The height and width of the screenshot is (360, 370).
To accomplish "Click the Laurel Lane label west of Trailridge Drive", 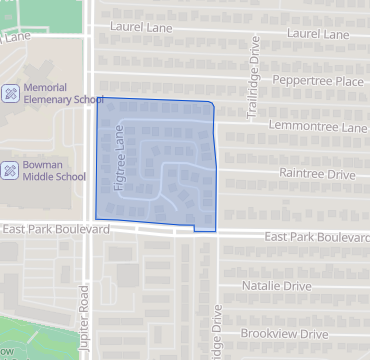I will [x=143, y=28].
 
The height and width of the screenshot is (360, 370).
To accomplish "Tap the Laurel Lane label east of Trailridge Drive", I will [x=319, y=34].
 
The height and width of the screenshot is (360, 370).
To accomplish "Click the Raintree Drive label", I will [x=318, y=174].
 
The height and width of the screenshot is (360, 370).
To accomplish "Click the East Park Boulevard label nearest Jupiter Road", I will [x=56, y=229].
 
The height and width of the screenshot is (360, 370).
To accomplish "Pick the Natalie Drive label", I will [x=278, y=286].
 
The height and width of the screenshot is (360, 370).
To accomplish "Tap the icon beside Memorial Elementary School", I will [x=10, y=94].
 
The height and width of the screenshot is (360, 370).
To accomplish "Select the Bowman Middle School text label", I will [x=54, y=170].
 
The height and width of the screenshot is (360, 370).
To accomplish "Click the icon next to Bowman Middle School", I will [x=10, y=170].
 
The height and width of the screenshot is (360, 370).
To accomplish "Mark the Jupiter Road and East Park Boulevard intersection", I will [x=88, y=226].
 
